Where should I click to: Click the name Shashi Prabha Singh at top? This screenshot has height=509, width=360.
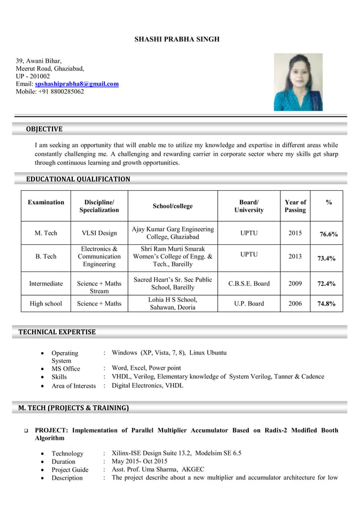click(x=177, y=40)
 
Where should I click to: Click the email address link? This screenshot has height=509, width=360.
click(x=77, y=84)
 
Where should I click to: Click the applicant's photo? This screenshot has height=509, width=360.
click(x=298, y=82)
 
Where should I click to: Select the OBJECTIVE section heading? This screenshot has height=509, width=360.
click(x=44, y=130)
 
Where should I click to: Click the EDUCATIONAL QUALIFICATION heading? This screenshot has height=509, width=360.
click(x=78, y=179)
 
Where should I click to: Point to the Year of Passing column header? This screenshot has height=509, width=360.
click(x=295, y=206)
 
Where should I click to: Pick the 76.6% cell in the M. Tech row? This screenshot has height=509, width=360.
click(x=327, y=234)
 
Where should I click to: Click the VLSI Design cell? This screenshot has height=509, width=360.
click(x=99, y=233)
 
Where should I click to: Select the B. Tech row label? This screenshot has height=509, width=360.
click(x=46, y=257)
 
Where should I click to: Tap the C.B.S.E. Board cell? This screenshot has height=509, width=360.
click(x=249, y=283)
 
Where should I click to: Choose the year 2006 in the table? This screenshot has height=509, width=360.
click(x=295, y=304)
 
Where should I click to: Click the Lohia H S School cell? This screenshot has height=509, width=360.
click(x=173, y=304)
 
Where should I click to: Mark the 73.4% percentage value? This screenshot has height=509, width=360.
click(x=326, y=258)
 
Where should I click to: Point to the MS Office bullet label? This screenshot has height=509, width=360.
click(x=66, y=368)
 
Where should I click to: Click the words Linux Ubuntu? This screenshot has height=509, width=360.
click(x=208, y=353)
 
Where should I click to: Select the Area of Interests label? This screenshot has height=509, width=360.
click(x=74, y=386)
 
